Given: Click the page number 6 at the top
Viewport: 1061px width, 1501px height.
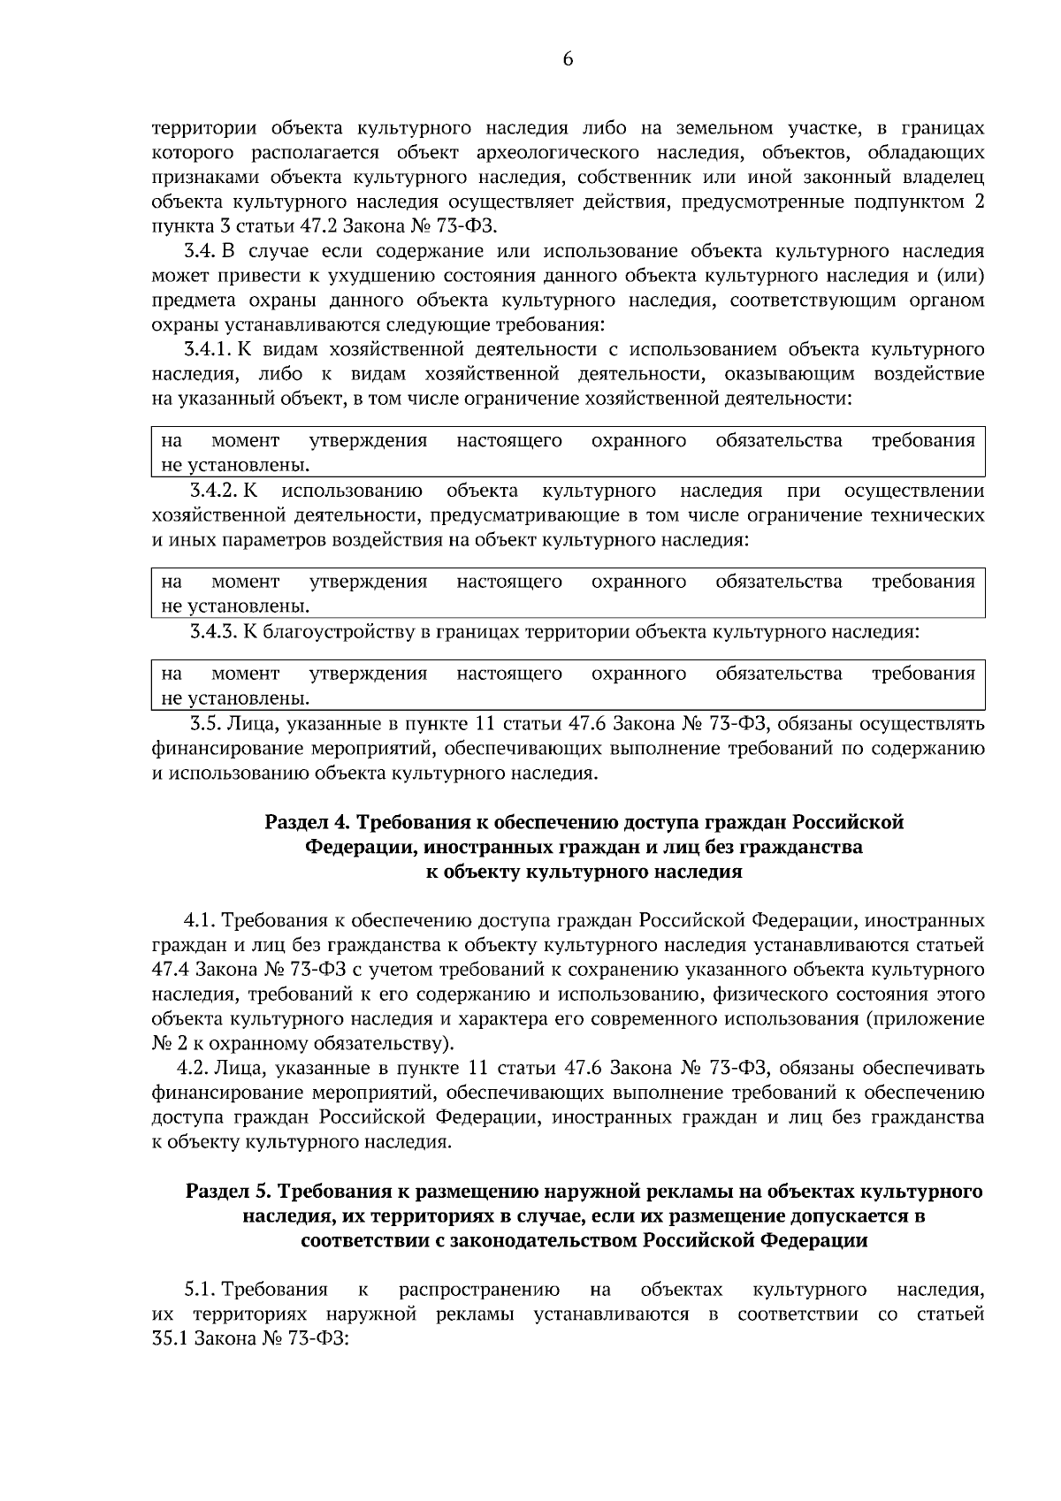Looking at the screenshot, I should click(x=567, y=59).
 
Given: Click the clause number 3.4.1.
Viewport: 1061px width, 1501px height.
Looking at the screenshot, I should click(x=209, y=349).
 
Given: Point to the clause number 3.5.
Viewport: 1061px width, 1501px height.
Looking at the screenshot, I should click(x=206, y=725).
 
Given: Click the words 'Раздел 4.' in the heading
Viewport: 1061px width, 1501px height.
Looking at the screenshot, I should click(x=305, y=823).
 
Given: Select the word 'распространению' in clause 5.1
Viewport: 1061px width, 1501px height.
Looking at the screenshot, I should click(x=478, y=1290).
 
